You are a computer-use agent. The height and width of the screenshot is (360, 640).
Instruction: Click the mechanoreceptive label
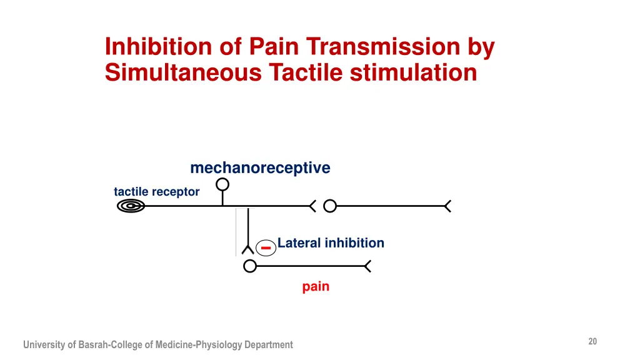click(x=260, y=168)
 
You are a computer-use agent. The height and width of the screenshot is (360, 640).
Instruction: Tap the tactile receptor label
click(x=156, y=192)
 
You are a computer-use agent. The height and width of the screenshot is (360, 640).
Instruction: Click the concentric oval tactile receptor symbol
click(x=131, y=206)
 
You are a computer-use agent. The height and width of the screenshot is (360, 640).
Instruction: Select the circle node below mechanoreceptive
click(x=222, y=185)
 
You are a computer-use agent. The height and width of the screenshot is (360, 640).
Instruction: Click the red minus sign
click(x=266, y=247)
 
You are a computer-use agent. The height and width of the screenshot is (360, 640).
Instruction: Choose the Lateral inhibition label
click(x=331, y=243)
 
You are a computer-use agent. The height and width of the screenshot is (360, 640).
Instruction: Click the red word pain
click(x=316, y=287)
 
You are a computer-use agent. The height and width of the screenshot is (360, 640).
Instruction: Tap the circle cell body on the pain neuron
click(x=249, y=267)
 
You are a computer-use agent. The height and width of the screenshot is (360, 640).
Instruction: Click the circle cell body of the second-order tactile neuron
click(x=330, y=206)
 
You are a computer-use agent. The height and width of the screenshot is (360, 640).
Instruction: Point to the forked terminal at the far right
click(x=447, y=206)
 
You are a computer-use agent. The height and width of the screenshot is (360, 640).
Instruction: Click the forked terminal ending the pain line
click(x=367, y=267)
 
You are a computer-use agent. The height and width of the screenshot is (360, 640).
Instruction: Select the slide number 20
click(x=592, y=341)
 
